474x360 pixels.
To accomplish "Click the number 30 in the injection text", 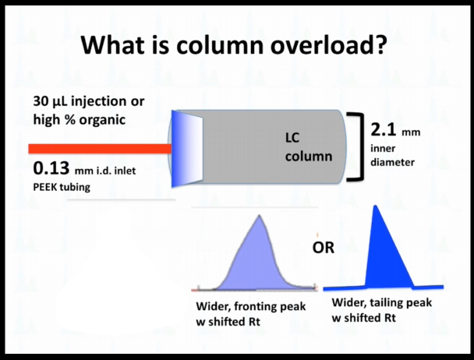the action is [x=41, y=101].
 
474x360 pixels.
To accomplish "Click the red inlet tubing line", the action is [x=101, y=149].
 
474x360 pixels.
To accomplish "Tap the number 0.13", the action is [x=51, y=168].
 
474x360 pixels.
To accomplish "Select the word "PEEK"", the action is [x=45, y=187].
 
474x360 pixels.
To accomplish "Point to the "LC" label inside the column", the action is [x=292, y=138].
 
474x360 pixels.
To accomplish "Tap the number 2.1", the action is [x=384, y=130].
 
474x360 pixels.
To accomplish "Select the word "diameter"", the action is [x=392, y=162].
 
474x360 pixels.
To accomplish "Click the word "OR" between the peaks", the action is [x=324, y=248].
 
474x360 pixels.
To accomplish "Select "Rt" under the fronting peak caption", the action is [x=254, y=322].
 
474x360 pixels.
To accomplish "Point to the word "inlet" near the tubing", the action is [x=125, y=171].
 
